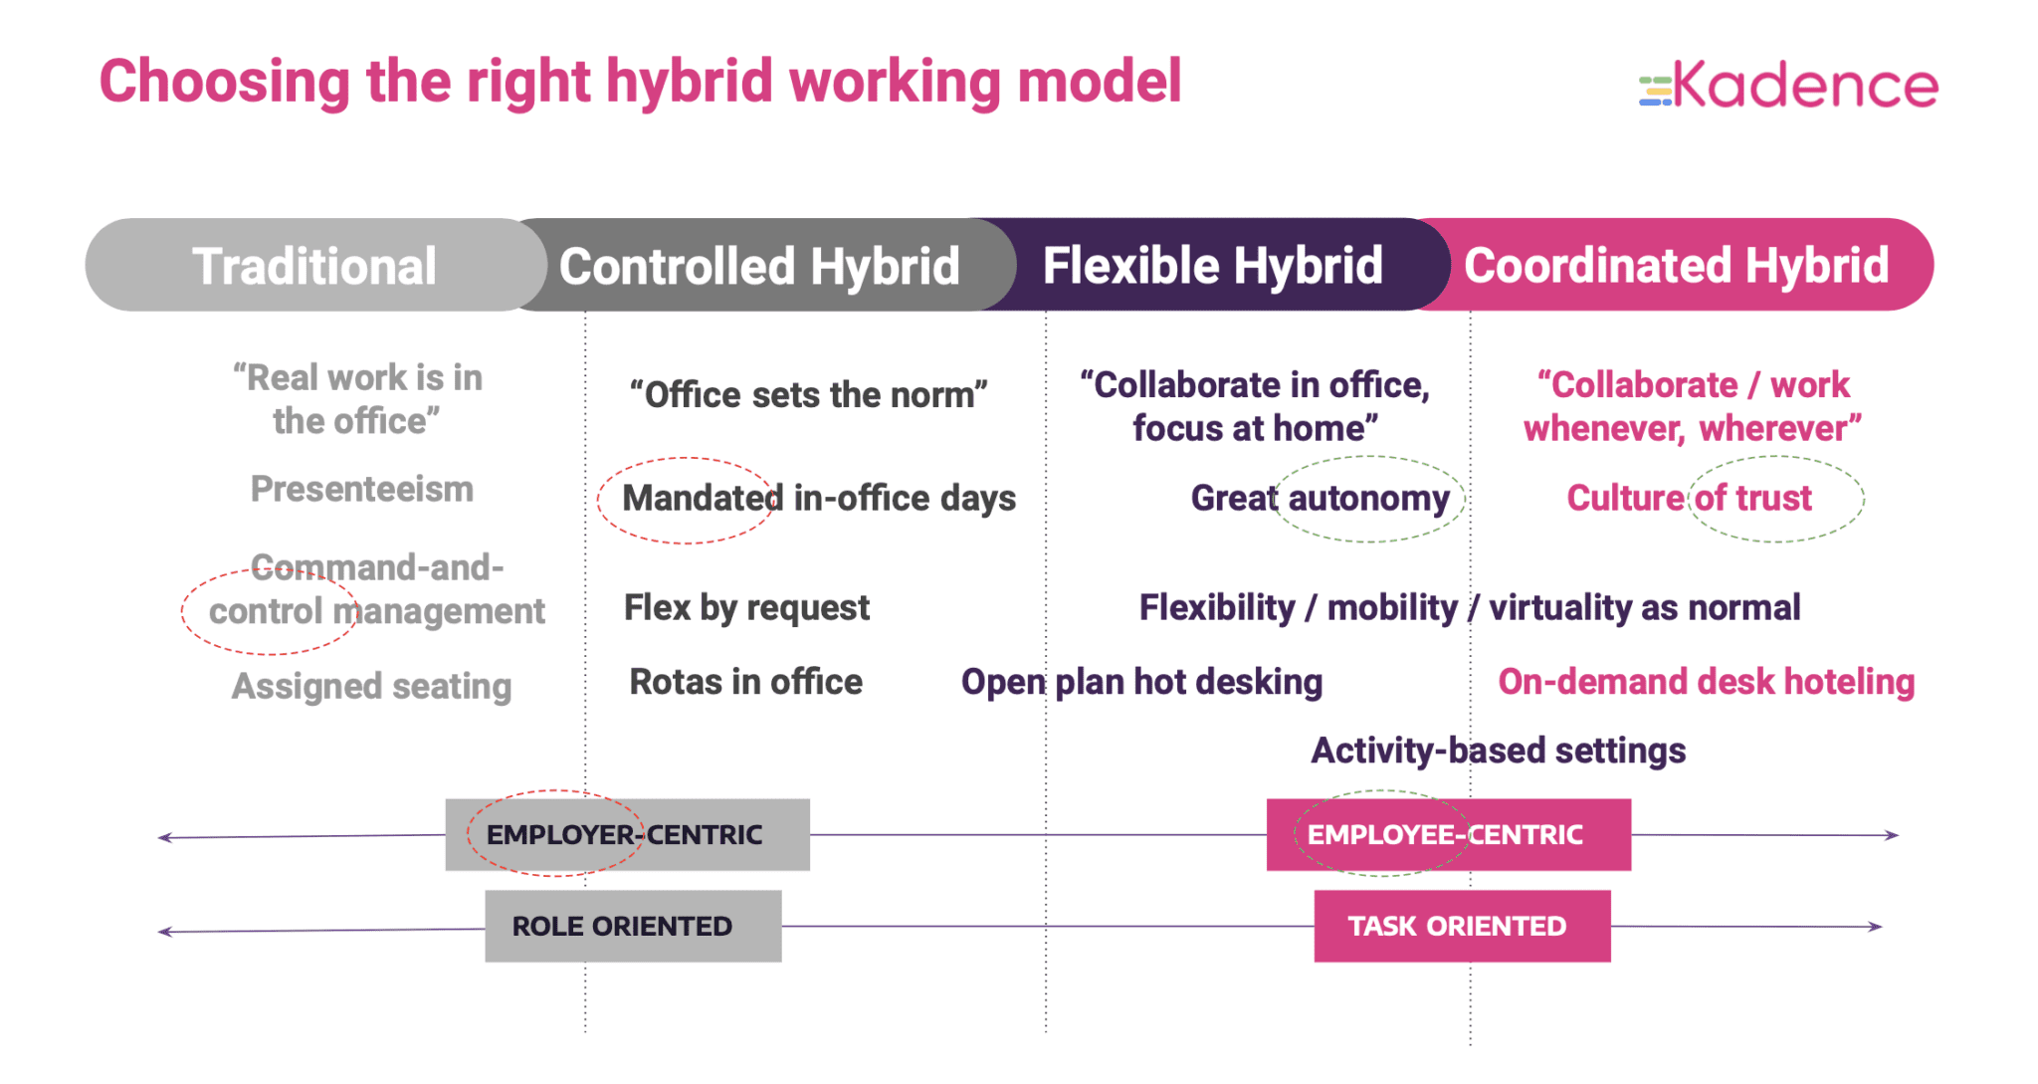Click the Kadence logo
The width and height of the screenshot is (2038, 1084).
(1788, 86)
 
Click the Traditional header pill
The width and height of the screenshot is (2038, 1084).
(314, 266)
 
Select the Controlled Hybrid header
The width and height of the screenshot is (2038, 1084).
(758, 266)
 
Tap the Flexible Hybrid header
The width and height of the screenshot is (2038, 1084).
(1212, 266)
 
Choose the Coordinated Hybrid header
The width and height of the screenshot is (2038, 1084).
(1676, 266)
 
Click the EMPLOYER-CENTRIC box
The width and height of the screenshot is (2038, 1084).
(627, 834)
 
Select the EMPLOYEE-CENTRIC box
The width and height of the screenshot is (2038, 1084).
(1448, 834)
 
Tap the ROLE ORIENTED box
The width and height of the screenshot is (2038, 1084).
(633, 926)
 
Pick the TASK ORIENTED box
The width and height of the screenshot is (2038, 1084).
(1461, 926)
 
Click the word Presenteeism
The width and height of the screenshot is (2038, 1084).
(362, 489)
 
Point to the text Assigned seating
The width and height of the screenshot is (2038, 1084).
(371, 686)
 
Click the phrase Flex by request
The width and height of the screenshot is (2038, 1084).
(746, 607)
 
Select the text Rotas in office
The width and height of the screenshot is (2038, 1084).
(745, 682)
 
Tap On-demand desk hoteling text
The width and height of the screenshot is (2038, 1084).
(1706, 682)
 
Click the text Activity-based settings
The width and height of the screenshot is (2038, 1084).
(1498, 751)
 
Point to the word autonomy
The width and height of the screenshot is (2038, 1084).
(1368, 498)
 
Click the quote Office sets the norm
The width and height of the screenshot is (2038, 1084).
(808, 395)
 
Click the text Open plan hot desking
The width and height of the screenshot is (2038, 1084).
(1141, 682)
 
